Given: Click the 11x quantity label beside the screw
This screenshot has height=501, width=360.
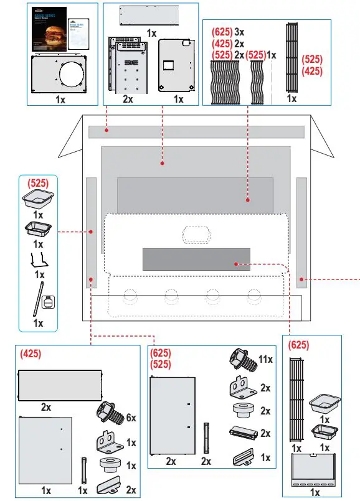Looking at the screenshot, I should coord(265,360).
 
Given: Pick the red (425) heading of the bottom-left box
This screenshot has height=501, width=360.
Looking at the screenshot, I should coord(31,354).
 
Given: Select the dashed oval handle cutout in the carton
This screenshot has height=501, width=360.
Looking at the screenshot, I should coord(196,233).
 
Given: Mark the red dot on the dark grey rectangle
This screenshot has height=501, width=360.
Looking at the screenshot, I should coord(235,264).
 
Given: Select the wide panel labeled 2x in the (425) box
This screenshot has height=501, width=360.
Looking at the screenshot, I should coord(60,386).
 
